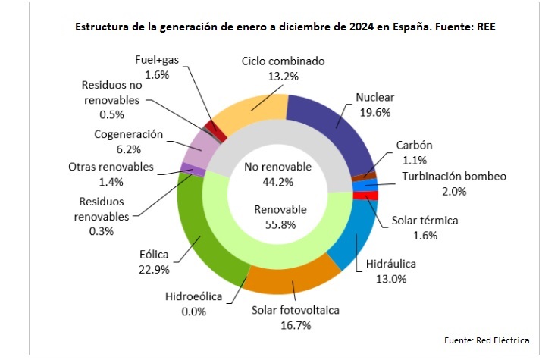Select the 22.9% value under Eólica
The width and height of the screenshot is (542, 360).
(155, 269)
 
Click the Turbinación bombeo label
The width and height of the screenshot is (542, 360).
(453, 177)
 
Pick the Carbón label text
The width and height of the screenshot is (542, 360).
(416, 146)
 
